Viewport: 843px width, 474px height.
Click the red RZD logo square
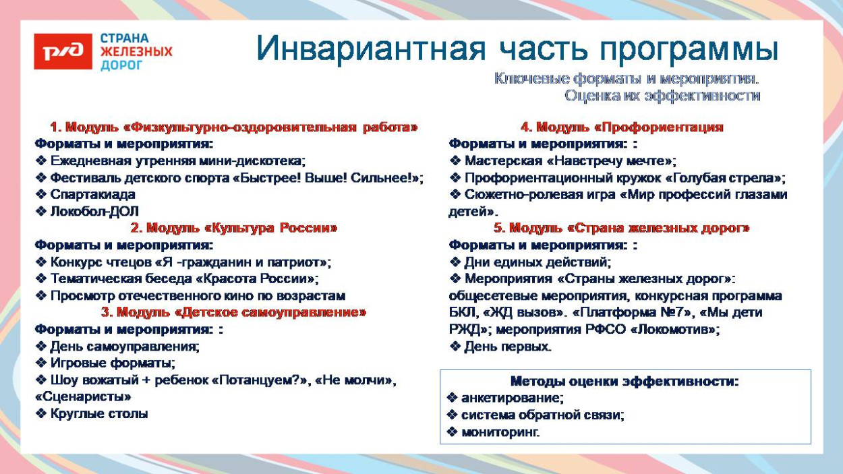coord(63,51)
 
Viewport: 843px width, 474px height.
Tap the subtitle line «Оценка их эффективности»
coord(662,96)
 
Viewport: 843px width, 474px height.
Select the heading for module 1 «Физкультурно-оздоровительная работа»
coord(233,127)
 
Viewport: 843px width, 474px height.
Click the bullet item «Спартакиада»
coord(92,194)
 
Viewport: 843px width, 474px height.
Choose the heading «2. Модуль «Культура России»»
coord(233,228)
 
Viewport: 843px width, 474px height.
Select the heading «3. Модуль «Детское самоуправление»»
coord(233,312)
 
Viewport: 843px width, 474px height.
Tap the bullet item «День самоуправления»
coord(124,347)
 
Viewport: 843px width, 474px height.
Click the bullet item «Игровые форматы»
coord(112,363)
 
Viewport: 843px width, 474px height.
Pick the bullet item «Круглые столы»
coord(98,413)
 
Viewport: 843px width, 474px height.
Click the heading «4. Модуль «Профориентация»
coord(621,127)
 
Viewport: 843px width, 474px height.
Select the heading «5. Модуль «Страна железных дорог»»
coord(621,228)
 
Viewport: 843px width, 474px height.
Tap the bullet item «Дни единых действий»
coord(537,262)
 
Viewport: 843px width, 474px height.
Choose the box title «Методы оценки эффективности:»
coord(624,381)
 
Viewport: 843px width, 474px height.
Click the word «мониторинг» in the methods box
coord(499,432)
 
